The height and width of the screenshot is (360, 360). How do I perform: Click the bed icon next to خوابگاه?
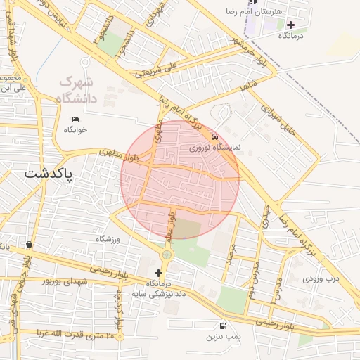click(x=75, y=119)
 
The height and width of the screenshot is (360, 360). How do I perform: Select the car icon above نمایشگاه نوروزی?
click(x=214, y=138)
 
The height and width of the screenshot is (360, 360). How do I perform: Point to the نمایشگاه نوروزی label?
click(x=214, y=148)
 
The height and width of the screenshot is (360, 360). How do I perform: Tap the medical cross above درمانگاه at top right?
click(x=290, y=25)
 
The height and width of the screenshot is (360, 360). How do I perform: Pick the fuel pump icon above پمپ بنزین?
click(x=223, y=326)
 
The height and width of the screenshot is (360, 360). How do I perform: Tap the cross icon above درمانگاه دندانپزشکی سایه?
click(x=158, y=272)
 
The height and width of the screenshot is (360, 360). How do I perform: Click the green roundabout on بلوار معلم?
click(x=167, y=255)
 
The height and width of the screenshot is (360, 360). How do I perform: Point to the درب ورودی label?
click(x=321, y=278)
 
